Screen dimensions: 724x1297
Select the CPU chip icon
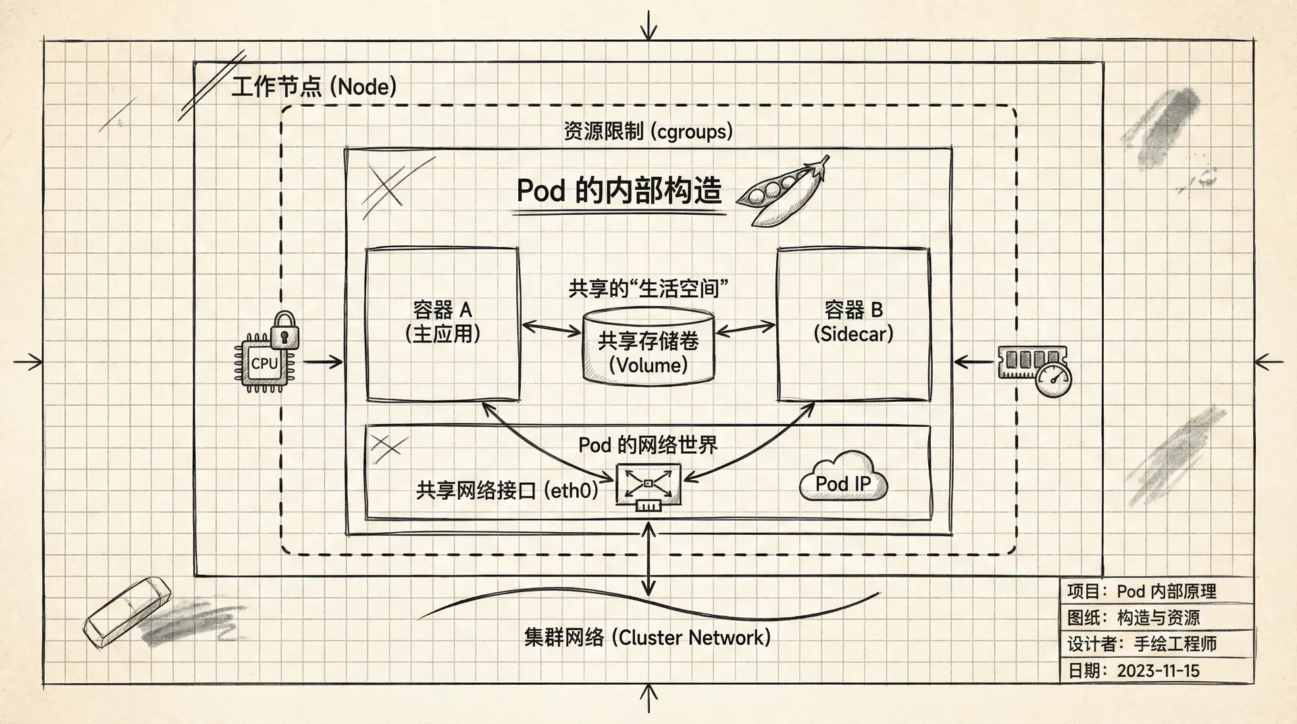coord(264,363)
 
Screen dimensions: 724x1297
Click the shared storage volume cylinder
coord(648,348)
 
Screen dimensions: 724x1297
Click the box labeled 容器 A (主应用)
coord(442,324)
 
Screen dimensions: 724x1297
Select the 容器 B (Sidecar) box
coord(853,324)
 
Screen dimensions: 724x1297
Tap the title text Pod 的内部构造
coord(619,191)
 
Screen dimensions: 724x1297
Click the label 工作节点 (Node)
coord(314,87)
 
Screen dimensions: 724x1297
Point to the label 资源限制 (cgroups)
coord(648,131)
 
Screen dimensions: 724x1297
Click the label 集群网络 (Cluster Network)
coord(647,638)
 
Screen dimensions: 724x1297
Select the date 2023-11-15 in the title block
coord(1158,671)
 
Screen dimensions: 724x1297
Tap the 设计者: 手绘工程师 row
coord(1142,644)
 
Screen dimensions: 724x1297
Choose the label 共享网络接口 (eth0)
coord(507,490)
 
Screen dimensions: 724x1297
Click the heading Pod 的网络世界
coord(648,445)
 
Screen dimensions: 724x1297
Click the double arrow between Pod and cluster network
coord(648,559)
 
